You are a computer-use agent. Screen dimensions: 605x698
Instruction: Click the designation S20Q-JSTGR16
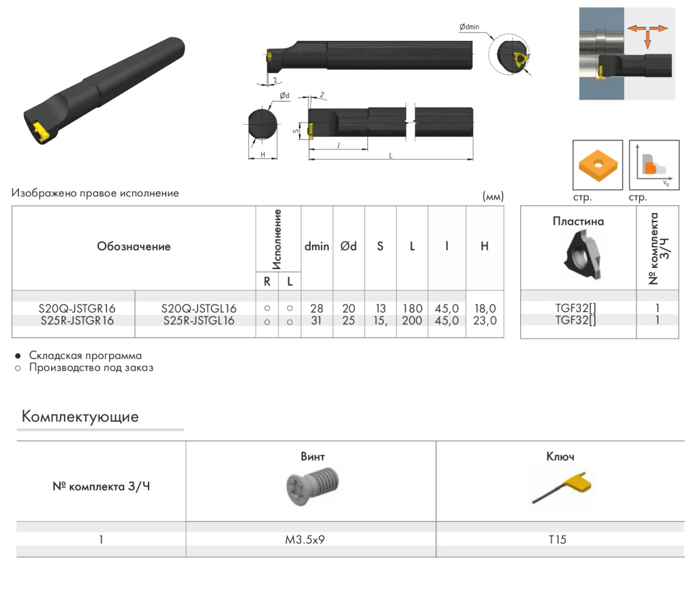pyautogui.click(x=76, y=309)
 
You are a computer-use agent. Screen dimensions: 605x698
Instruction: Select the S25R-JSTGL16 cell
pyautogui.click(x=199, y=320)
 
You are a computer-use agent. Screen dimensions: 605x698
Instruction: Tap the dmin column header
pyautogui.click(x=316, y=247)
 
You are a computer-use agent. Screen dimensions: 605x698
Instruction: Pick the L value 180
pyautogui.click(x=412, y=309)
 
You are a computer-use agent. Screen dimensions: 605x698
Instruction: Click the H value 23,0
pyautogui.click(x=485, y=320)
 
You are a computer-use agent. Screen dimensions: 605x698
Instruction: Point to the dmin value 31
pyautogui.click(x=316, y=320)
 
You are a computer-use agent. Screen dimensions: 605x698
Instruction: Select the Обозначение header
pyautogui.click(x=134, y=247)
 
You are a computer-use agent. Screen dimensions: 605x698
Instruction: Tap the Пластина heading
pyautogui.click(x=578, y=221)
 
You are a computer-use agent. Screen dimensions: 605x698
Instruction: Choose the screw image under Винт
pyautogui.click(x=310, y=486)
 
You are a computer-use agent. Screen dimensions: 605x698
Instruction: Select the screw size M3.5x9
pyautogui.click(x=310, y=540)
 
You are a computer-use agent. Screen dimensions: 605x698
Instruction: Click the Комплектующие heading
pyautogui.click(x=80, y=417)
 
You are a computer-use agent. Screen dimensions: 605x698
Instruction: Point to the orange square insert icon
pyautogui.click(x=598, y=165)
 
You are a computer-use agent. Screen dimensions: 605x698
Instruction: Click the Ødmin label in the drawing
pyautogui.click(x=469, y=27)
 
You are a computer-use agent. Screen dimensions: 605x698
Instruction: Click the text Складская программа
pyautogui.click(x=85, y=356)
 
